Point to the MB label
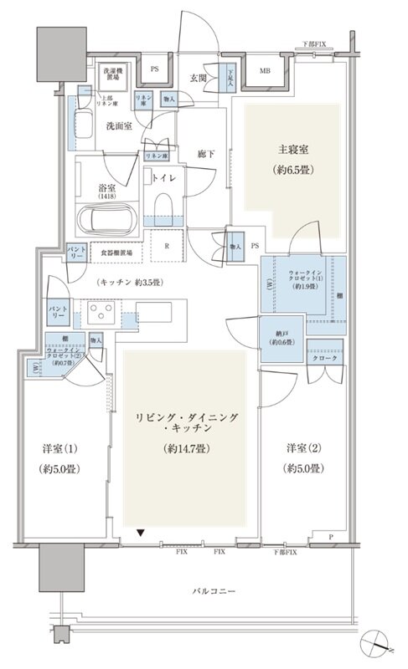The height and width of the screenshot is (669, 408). pyautogui.click(x=264, y=72)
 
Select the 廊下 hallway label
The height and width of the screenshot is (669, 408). pyautogui.click(x=207, y=154)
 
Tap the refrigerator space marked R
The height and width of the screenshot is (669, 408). pyautogui.click(x=168, y=247)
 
